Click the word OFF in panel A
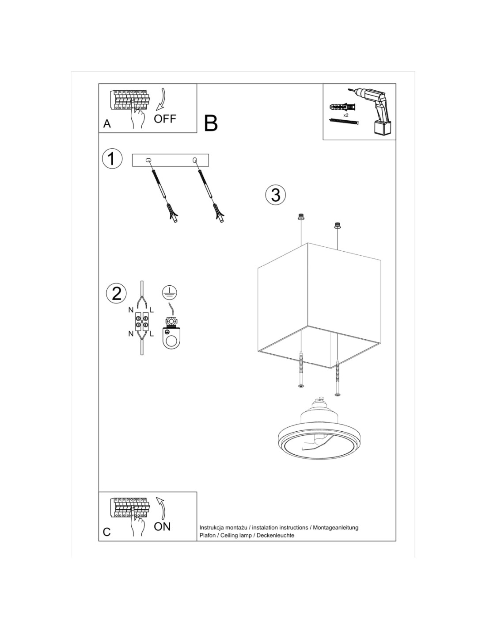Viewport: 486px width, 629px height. (165, 119)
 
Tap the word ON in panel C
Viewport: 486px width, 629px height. (162, 526)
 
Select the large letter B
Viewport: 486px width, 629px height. (210, 123)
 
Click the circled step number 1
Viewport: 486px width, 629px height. (112, 159)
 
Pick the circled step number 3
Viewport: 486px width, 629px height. (276, 195)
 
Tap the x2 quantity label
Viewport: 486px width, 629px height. (346, 115)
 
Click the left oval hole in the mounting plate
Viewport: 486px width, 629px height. (148, 160)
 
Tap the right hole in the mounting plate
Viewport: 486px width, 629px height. (195, 160)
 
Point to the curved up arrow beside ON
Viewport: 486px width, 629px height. (162, 508)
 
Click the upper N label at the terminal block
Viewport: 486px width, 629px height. (131, 311)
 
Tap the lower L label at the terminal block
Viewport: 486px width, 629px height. (152, 334)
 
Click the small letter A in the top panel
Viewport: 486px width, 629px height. (107, 123)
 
